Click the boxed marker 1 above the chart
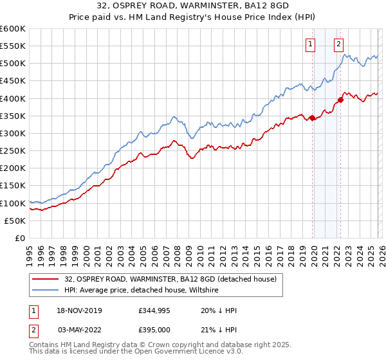click(x=311, y=44)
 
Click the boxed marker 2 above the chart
click(x=338, y=44)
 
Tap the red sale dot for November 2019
click(x=312, y=118)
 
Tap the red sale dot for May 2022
click(x=340, y=100)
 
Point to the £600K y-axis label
click(x=13, y=29)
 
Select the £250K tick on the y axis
click(x=13, y=150)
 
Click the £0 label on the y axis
click(x=19, y=238)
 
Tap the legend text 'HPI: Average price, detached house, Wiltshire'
click(x=142, y=290)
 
